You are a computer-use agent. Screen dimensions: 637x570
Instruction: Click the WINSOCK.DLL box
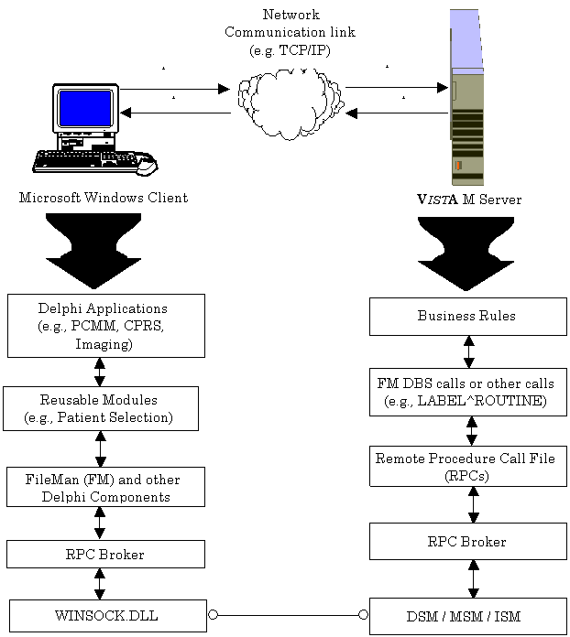click(107, 616)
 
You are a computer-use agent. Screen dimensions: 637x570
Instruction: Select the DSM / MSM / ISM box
click(467, 616)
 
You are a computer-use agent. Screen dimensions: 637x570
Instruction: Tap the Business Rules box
click(467, 316)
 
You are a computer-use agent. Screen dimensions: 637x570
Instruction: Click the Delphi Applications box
click(105, 325)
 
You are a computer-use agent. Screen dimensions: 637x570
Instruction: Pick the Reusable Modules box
click(100, 408)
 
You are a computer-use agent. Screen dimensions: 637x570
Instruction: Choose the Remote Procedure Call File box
click(467, 466)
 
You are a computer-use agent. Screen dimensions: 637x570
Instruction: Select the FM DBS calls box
click(467, 392)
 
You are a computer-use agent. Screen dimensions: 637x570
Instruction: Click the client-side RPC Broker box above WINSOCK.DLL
click(105, 554)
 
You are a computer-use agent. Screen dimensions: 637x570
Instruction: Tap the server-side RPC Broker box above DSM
click(467, 541)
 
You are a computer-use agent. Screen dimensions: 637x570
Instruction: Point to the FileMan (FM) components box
click(105, 487)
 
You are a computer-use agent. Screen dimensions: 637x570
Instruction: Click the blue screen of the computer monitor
click(85, 108)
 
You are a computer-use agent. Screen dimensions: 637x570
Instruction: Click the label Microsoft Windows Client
click(104, 198)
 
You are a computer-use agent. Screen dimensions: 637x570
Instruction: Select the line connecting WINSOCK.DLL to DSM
click(288, 615)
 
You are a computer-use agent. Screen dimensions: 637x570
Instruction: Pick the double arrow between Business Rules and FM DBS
click(469, 351)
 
